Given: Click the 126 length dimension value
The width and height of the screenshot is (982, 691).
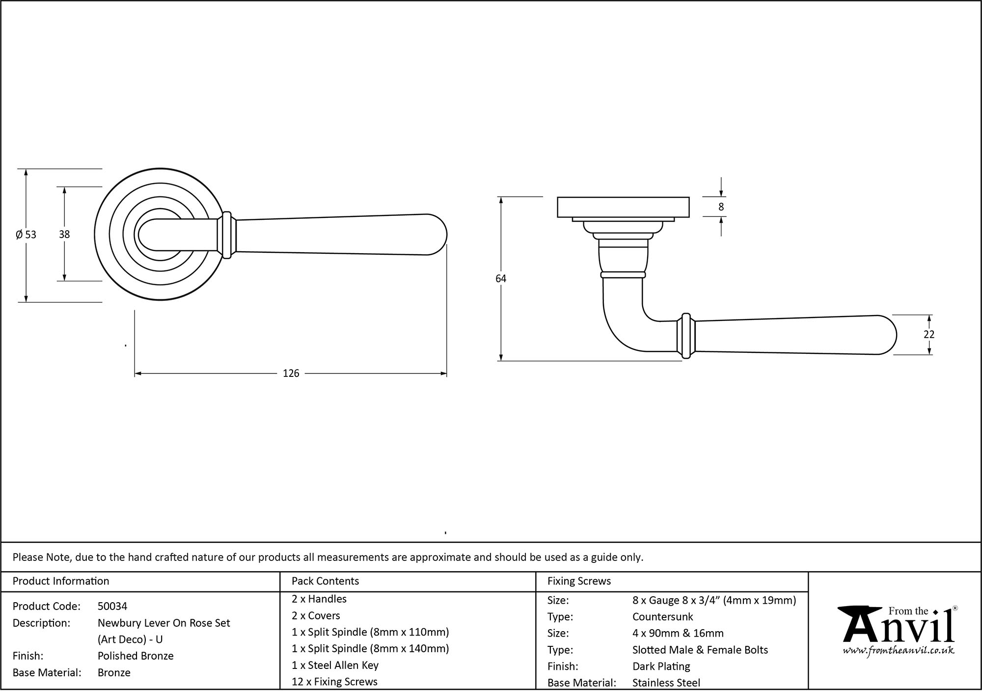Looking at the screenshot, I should [291, 373].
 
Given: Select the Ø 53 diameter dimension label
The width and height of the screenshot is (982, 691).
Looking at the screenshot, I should [26, 235].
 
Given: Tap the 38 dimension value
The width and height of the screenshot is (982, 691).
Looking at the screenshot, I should [64, 235].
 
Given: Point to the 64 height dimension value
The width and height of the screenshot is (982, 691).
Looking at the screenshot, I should [500, 279].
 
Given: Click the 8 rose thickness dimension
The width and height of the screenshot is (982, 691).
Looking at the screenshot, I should [721, 207].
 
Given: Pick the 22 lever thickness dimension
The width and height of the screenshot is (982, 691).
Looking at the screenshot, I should [928, 334].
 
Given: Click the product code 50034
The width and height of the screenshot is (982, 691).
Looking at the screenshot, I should [112, 606].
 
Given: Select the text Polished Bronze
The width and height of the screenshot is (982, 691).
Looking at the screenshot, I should [136, 656].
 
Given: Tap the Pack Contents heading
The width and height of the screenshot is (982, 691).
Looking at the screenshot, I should [325, 581].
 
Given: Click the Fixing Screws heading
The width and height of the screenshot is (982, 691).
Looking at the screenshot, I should [579, 581].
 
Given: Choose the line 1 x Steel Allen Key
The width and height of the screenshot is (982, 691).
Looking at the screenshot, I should [335, 665].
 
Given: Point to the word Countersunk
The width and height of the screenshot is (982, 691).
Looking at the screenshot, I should [662, 616].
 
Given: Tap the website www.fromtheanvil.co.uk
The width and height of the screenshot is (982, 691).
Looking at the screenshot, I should [899, 651].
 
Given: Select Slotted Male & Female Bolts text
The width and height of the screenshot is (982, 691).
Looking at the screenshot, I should [700, 650].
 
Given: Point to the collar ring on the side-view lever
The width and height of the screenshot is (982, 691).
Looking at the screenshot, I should [686, 335].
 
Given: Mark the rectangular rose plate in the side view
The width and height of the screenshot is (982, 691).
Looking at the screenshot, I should [623, 207].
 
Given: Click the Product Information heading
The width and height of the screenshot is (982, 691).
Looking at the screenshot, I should [61, 581].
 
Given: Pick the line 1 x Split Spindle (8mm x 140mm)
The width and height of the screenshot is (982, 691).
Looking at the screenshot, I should [370, 648].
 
